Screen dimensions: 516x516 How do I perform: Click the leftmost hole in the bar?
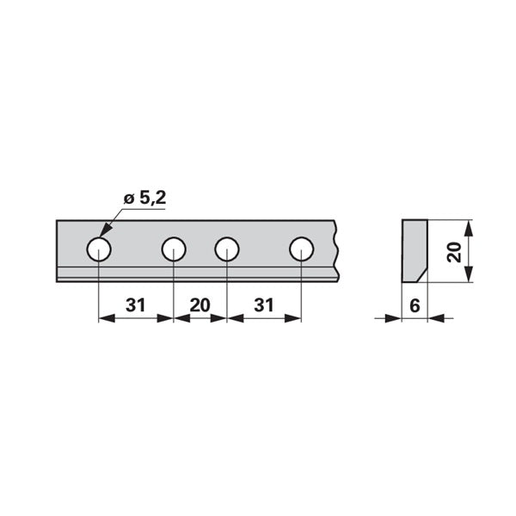pos(99,249)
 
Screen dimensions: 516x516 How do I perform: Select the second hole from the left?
pos(174,249)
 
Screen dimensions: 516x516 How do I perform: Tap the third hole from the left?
pos(227,249)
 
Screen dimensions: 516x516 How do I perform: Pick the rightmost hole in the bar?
pos(302,249)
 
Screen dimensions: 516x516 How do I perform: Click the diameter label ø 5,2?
pos(144,199)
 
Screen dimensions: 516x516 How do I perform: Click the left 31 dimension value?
pos(136,305)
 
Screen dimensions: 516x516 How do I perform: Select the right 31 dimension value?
pos(264,305)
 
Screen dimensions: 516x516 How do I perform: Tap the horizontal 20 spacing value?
pos(200,305)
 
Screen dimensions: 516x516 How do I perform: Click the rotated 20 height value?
pos(454,251)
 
